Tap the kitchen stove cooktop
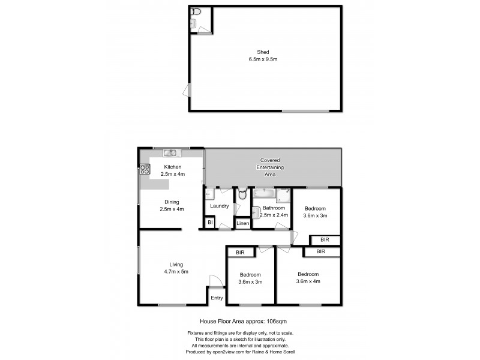click(x=145, y=169)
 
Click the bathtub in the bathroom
click(x=265, y=194)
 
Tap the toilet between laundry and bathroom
click(x=242, y=194)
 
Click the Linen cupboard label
click(x=242, y=223)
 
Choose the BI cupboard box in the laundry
click(x=210, y=223)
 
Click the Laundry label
click(x=219, y=206)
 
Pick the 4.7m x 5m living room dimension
click(x=176, y=271)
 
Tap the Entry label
click(x=216, y=297)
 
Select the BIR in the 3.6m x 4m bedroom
click(x=321, y=252)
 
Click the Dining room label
click(x=171, y=202)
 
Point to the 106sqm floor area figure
click(x=271, y=322)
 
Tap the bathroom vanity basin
click(x=257, y=212)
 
